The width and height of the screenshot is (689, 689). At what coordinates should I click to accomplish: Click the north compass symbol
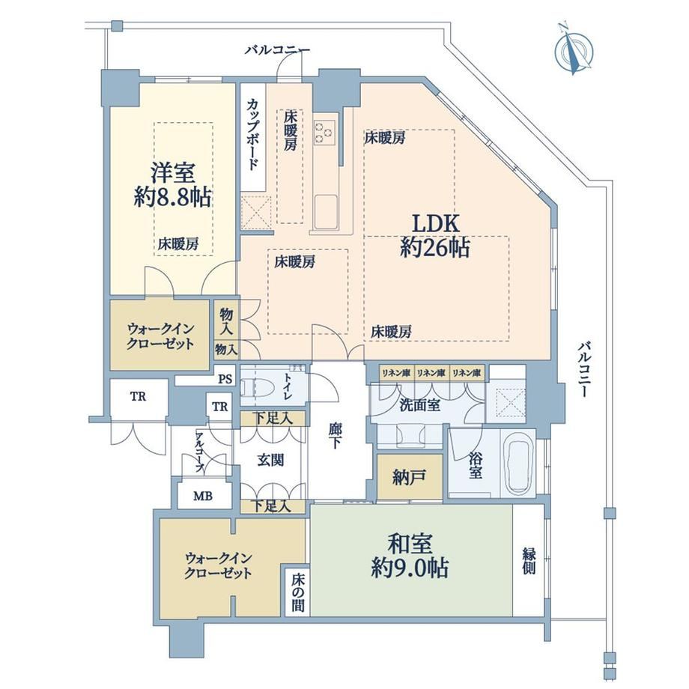[574, 50]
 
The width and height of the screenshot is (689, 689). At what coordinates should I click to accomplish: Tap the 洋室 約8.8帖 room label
[172, 185]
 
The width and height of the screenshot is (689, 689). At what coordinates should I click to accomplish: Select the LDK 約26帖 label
[435, 235]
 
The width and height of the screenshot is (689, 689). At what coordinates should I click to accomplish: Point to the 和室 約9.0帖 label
[410, 556]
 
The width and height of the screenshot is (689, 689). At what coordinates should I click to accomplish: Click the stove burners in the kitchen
[324, 133]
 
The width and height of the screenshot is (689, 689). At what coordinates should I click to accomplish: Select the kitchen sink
[326, 212]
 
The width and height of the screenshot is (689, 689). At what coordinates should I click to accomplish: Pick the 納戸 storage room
[410, 476]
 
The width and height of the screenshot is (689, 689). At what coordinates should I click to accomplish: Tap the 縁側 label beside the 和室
[529, 560]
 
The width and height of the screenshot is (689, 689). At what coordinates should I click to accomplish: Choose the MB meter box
[204, 496]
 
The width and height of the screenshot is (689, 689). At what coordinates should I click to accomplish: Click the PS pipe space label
[225, 378]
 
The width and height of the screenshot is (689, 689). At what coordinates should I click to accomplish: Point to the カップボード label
[252, 134]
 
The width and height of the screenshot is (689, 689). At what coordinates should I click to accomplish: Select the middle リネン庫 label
[431, 373]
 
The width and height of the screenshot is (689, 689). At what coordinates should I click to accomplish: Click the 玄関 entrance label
[270, 461]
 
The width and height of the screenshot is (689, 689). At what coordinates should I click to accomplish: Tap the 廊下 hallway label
[336, 435]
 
